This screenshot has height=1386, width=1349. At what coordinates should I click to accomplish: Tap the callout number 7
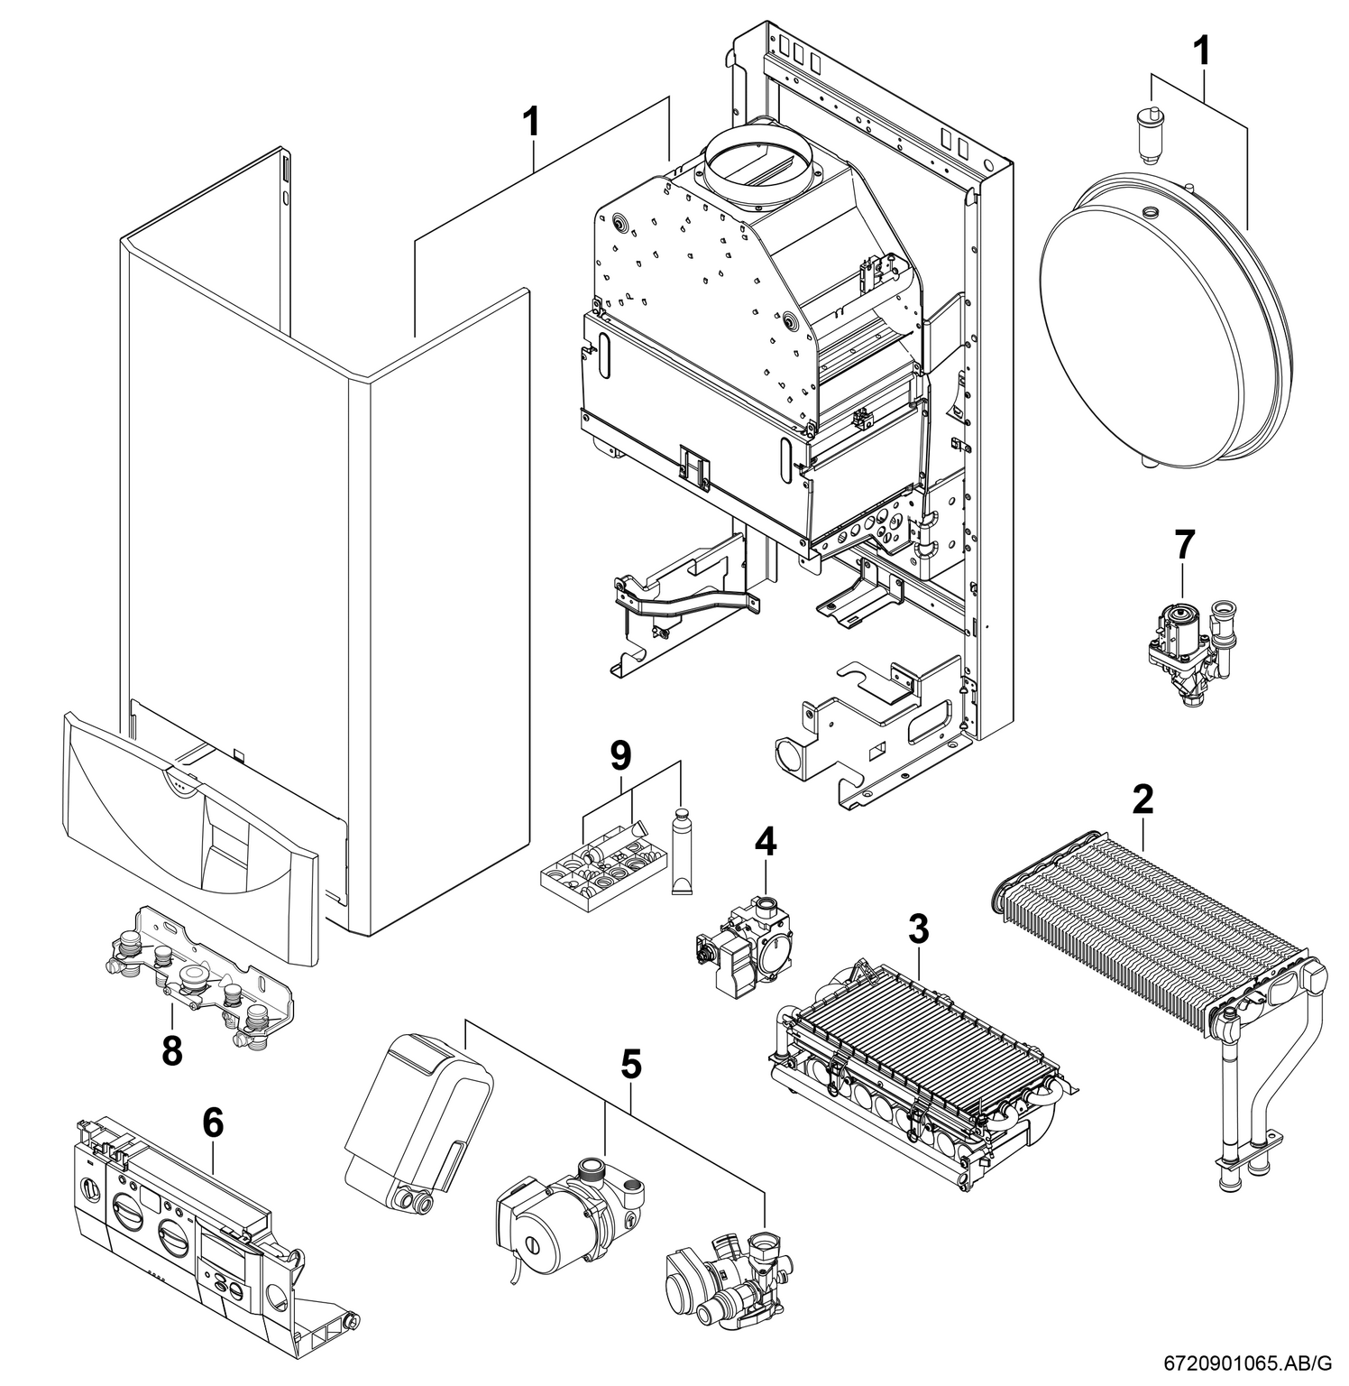click(x=1184, y=544)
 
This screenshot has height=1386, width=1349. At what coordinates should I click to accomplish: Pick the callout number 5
click(x=631, y=1066)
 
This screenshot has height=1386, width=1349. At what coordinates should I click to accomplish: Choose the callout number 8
click(x=171, y=1050)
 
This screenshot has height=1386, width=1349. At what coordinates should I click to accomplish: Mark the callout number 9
click(x=620, y=756)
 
